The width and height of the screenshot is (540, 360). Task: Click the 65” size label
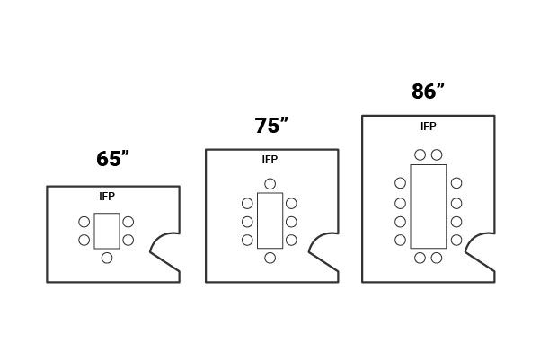[113, 160]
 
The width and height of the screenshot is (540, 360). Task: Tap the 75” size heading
[271, 126]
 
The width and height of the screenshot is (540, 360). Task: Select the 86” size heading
[428, 92]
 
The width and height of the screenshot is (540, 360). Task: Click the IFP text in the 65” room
[107, 197]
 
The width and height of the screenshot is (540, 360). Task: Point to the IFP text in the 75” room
[270, 160]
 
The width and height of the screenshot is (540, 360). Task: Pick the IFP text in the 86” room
[429, 127]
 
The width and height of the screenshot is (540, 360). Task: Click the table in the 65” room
[107, 231]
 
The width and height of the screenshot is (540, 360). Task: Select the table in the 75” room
[270, 220]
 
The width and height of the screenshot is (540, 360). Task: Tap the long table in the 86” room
[429, 206]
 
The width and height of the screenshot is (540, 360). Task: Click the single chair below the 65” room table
[107, 258]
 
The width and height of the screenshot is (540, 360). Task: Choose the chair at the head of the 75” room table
[270, 184]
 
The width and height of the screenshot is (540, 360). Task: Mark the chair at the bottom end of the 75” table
[270, 258]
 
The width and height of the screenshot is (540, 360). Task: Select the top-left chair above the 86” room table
[420, 154]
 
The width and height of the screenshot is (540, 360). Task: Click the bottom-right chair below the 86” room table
[437, 258]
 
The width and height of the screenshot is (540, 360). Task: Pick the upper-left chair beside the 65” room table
[84, 222]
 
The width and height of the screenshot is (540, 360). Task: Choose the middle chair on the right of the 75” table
[291, 222]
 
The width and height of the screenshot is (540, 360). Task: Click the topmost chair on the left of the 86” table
[400, 183]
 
